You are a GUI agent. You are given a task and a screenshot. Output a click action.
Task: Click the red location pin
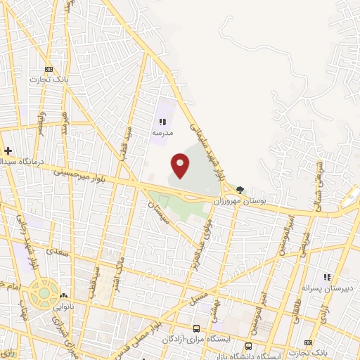click(181, 165)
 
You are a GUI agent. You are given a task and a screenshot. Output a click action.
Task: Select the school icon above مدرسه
click(162, 122)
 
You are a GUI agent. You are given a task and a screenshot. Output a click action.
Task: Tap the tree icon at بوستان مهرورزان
click(241, 189)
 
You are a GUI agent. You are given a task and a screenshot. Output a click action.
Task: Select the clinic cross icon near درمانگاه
click(8, 151)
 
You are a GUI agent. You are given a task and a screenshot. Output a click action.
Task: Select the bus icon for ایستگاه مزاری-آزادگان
click(197, 328)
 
